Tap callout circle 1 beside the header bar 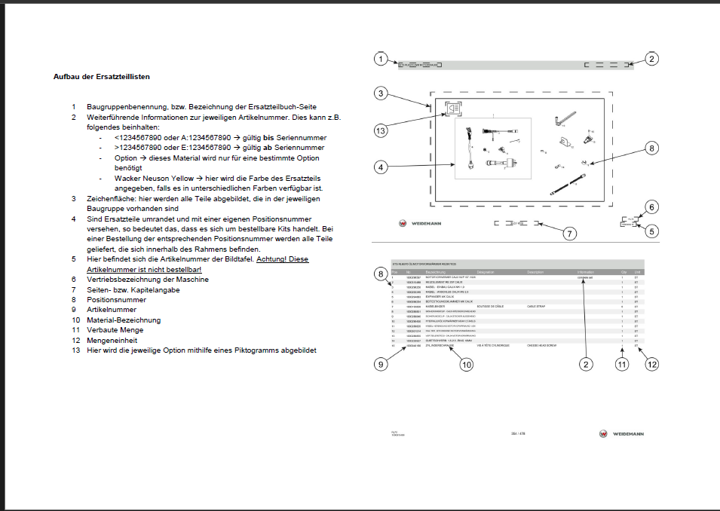(x=382, y=59)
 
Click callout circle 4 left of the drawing (x=382, y=166)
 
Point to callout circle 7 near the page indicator (x=570, y=233)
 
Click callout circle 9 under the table (x=382, y=365)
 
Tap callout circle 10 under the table (x=467, y=365)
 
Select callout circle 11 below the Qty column (x=622, y=365)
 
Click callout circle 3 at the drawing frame (x=382, y=93)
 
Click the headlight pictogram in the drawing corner (x=454, y=109)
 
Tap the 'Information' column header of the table (x=586, y=271)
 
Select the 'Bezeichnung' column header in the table (x=436, y=271)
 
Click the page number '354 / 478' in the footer (x=518, y=433)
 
